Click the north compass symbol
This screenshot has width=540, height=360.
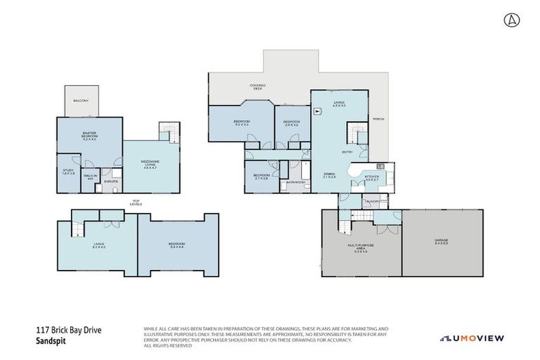509,20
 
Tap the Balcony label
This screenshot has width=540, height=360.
81,101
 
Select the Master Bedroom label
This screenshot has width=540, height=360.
89,135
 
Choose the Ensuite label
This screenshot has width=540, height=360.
111,181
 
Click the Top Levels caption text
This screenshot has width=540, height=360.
136,203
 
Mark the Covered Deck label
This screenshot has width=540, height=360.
257,87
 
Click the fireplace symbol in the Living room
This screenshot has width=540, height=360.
318,110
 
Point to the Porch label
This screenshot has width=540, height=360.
378,120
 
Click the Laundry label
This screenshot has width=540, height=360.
372,202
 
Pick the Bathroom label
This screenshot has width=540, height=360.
295,182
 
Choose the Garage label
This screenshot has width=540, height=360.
442,242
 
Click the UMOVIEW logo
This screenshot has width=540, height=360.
472,338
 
